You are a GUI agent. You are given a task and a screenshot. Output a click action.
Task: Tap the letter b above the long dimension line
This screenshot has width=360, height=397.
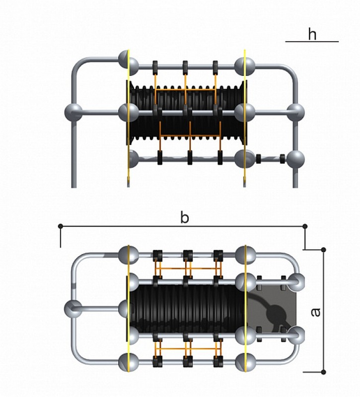pos(184,218)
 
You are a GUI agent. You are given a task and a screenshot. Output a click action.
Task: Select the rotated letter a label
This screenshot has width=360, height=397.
pos(314,312)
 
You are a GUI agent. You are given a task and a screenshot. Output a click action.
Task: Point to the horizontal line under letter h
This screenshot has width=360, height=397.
pos(312,42)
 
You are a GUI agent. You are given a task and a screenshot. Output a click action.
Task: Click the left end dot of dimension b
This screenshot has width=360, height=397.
pos(61,226)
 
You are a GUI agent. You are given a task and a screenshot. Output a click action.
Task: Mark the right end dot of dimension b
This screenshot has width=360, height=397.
pos(305,226)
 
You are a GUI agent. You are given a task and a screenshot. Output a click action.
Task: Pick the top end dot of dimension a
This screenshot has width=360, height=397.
pos(323,249)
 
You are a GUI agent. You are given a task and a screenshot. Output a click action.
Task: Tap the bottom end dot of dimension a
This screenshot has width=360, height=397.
pos(323,372)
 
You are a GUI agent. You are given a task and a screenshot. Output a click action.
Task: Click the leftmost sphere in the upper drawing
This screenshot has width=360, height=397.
pos(74,112)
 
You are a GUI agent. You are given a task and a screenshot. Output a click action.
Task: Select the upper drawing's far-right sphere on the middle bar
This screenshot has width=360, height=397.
pos(296,112)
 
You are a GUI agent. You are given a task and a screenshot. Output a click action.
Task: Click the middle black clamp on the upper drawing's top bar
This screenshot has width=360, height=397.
pos(185,66)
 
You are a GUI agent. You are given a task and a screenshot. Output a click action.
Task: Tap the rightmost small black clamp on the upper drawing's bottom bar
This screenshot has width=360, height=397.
pos(282,159)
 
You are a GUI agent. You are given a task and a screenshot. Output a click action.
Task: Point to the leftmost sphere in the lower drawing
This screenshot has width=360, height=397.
pos(72,309)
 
